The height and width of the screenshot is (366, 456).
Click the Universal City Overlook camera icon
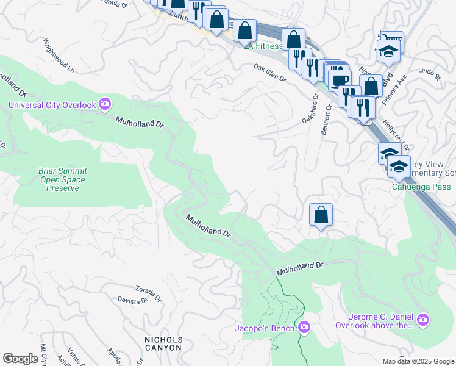click(x=105, y=105)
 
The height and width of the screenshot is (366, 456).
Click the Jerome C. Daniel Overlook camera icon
click(x=423, y=319)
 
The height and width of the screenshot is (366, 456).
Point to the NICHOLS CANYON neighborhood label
click(x=163, y=343)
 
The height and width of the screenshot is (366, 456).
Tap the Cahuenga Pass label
click(x=421, y=187)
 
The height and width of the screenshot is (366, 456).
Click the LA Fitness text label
click(x=263, y=46)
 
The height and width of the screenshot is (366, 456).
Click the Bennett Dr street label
click(x=326, y=119)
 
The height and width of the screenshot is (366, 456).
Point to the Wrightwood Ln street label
click(x=58, y=54)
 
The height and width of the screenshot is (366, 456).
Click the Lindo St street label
click(x=429, y=74)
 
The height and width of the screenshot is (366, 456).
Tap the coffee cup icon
click(x=341, y=79)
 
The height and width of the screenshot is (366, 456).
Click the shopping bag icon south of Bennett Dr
click(x=321, y=215)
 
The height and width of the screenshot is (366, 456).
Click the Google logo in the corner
click(x=21, y=359)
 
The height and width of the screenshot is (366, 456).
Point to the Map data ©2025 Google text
click(x=418, y=361)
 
